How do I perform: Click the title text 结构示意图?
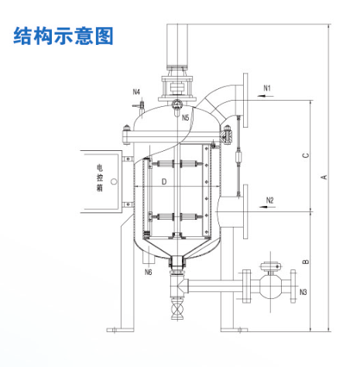click(x=63, y=36)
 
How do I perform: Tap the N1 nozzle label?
click(x=267, y=87)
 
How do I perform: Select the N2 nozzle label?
click(x=269, y=201)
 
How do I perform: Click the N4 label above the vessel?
click(x=136, y=91)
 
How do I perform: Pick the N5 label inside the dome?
click(x=186, y=118)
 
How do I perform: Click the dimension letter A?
click(x=324, y=177)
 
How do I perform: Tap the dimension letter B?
click(x=306, y=262)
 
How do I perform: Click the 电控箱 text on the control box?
click(x=98, y=177)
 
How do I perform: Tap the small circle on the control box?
click(x=113, y=183)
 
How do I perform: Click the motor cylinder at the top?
click(x=178, y=46)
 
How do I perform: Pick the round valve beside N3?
click(x=269, y=287)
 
